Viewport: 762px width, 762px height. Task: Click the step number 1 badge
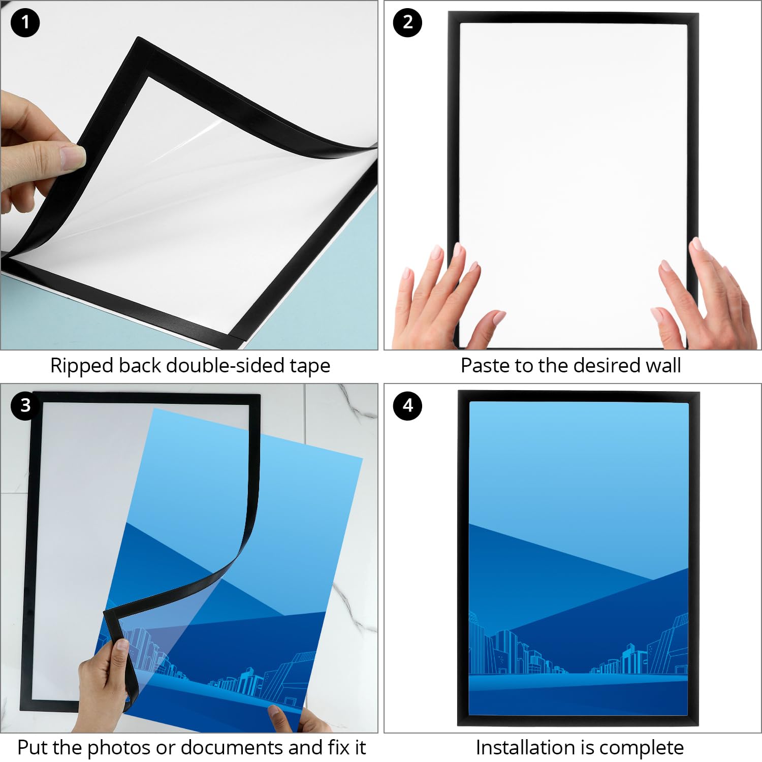click(25, 23)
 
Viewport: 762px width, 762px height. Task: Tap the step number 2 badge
click(407, 23)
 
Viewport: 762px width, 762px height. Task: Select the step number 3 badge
click(25, 405)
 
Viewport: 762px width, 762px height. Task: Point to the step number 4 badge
click(407, 405)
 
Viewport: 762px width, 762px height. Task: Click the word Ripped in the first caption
click(81, 366)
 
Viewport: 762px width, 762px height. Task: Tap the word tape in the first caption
click(310, 366)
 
